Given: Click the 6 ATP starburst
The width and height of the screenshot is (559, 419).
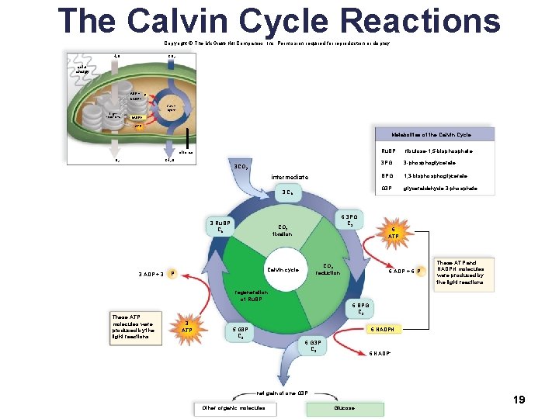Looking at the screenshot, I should coord(395,233).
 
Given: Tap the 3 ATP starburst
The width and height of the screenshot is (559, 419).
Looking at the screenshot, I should coord(186,327).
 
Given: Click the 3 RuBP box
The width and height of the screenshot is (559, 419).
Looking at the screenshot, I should coord(221,227).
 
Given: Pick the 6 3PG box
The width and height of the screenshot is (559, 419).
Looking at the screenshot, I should coord(349,220).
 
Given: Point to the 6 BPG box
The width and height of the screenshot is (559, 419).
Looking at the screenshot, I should coord(362,309).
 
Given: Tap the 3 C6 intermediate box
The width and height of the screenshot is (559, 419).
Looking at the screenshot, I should coord(288,193).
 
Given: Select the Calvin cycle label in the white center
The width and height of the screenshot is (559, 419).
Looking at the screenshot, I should coord(283,270).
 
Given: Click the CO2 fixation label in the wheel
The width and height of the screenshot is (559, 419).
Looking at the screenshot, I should coord(282,230).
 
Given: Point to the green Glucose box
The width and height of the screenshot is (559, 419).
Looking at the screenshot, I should coord(345,408).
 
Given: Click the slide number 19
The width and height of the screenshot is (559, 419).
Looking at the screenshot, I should coord(519,400).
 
